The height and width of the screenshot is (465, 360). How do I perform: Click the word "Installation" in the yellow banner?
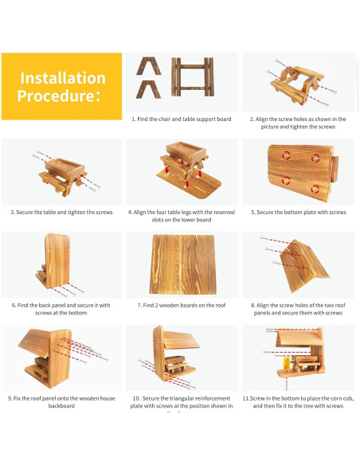62,78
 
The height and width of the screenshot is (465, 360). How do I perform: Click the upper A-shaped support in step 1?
147,65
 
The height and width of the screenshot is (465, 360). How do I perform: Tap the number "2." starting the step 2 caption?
252,119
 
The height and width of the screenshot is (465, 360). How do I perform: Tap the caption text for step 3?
61,212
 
